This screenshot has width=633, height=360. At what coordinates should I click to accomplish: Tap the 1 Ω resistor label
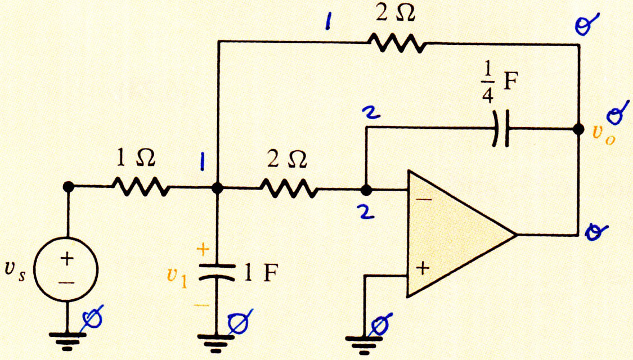[136, 158]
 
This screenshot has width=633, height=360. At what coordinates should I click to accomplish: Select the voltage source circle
[66, 269]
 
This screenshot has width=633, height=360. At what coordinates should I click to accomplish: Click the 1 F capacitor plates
[217, 272]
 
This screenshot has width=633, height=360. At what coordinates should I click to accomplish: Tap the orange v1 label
[177, 277]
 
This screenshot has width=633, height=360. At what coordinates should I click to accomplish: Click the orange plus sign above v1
[203, 250]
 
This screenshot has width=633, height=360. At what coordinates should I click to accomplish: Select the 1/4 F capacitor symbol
[501, 129]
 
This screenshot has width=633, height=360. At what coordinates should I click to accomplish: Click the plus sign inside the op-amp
[422, 268]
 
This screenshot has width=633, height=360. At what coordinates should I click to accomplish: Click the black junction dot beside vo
[578, 129]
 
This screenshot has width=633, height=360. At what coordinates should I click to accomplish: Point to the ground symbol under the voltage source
[67, 341]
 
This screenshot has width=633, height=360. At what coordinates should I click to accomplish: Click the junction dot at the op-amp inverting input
[366, 190]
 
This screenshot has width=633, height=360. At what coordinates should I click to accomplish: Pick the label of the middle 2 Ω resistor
[287, 159]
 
